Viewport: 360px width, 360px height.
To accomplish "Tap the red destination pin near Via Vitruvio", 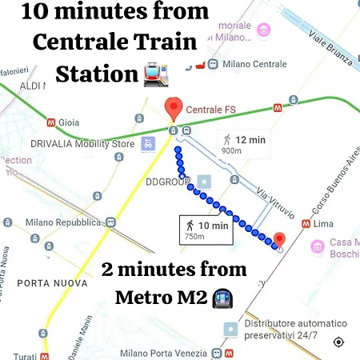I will coord(279,239).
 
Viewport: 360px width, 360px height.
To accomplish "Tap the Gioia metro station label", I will coord(69,123).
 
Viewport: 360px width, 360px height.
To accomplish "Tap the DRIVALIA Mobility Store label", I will coord(82,144).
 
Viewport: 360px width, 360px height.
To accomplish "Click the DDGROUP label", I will coord(168,182).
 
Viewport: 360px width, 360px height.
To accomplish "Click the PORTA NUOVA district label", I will coord(41,282).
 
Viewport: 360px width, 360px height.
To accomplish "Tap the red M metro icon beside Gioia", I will coord(51,123).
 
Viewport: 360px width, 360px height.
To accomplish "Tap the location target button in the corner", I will coord(338,342).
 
